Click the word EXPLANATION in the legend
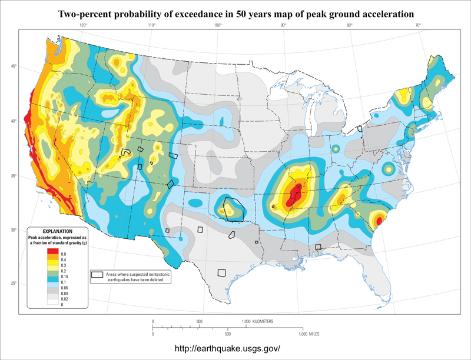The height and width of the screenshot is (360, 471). coord(57,231)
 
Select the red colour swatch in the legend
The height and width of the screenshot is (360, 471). coord(53,252)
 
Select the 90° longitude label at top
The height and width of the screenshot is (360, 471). coord(283,26)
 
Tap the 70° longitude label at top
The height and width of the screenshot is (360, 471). coord(417,26)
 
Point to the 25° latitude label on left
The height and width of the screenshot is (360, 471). coord(13,284)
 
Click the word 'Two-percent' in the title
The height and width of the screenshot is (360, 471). coord(87,13)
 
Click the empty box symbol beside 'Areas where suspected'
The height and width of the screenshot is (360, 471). coord(97,275)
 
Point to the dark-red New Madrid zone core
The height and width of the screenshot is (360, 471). coord(294,194)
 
